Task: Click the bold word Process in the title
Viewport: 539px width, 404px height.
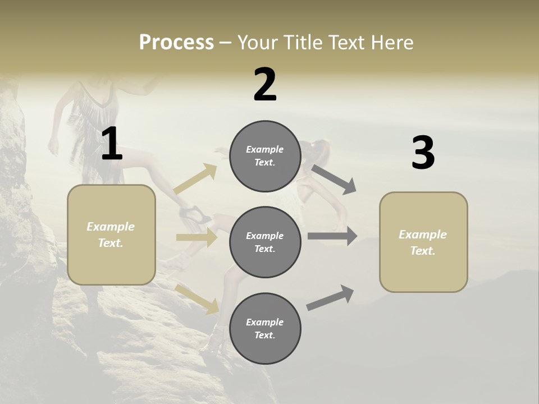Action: pyautogui.click(x=176, y=43)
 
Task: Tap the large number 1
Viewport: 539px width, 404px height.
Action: pyautogui.click(x=112, y=144)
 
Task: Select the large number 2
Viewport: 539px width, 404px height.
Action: pyautogui.click(x=265, y=85)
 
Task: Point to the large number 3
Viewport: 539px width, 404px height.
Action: pyautogui.click(x=423, y=154)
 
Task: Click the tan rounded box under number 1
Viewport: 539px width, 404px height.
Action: pyautogui.click(x=111, y=235)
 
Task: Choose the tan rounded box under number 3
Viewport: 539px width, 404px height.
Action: pyautogui.click(x=423, y=242)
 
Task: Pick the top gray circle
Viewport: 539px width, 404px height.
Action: pyautogui.click(x=265, y=156)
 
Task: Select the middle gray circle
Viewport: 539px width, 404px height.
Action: pyautogui.click(x=265, y=242)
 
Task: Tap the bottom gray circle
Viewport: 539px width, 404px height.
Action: pyautogui.click(x=265, y=329)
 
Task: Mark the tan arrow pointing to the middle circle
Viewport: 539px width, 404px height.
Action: pyautogui.click(x=197, y=237)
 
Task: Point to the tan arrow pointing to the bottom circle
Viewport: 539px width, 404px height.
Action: pyautogui.click(x=197, y=299)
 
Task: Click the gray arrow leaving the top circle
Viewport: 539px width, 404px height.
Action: pyautogui.click(x=334, y=179)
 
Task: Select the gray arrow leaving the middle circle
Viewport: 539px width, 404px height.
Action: pyautogui.click(x=332, y=236)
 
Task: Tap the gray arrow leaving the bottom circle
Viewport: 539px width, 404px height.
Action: pyautogui.click(x=330, y=297)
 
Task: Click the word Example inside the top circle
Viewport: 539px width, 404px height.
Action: pyautogui.click(x=265, y=149)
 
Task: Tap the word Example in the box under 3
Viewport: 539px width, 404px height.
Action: pyautogui.click(x=423, y=235)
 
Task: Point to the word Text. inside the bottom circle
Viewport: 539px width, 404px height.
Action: pyautogui.click(x=265, y=336)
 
